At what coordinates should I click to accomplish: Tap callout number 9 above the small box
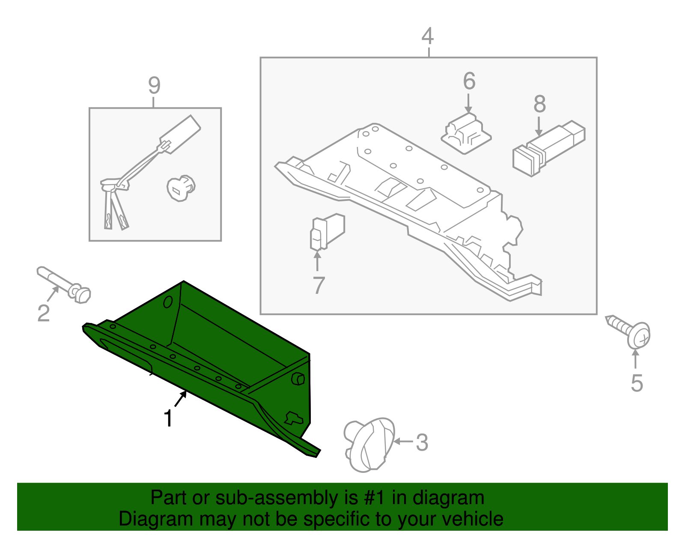click(x=154, y=86)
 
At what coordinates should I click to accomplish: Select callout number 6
click(x=469, y=81)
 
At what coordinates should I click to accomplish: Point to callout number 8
click(x=539, y=104)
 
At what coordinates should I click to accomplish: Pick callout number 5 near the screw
click(x=637, y=383)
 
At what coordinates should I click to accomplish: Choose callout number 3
click(x=422, y=442)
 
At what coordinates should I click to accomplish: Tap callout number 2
click(x=43, y=313)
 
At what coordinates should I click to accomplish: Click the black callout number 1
click(x=168, y=418)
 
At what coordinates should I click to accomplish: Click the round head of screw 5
click(x=640, y=335)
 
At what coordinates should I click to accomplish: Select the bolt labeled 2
click(x=64, y=284)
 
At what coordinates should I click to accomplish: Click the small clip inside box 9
click(x=180, y=188)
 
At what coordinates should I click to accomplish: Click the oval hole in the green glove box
click(x=168, y=302)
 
